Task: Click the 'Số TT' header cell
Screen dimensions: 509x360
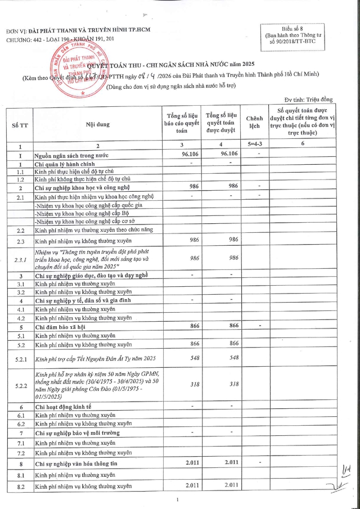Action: click(x=20, y=125)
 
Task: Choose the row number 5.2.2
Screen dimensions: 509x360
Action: click(x=20, y=385)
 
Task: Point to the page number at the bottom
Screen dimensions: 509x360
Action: click(x=177, y=499)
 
